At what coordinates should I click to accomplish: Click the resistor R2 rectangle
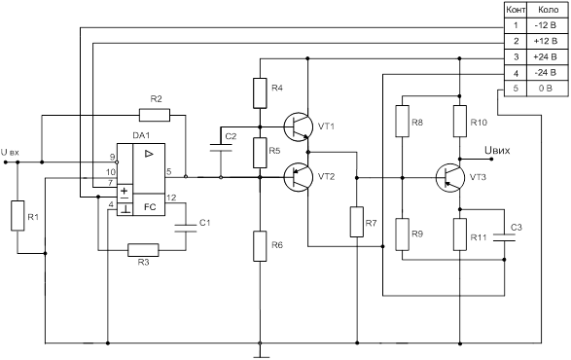(155, 115)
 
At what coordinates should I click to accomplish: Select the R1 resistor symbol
(18, 216)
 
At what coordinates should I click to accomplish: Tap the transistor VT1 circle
(299, 126)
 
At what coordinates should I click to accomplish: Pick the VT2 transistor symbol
(299, 177)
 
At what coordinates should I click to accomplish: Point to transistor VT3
(450, 178)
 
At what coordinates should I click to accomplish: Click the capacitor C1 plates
(186, 229)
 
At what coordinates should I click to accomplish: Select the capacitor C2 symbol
(221, 148)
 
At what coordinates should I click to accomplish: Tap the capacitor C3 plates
(504, 237)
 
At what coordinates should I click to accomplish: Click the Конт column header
(516, 10)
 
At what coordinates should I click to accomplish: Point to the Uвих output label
(497, 150)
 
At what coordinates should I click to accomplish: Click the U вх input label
(10, 153)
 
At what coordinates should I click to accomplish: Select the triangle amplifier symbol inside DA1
(149, 154)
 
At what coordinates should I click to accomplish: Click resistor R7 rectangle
(357, 222)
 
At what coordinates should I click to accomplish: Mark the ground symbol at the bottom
(261, 354)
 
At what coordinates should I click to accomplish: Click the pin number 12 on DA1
(171, 198)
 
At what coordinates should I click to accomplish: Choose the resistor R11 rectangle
(460, 234)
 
